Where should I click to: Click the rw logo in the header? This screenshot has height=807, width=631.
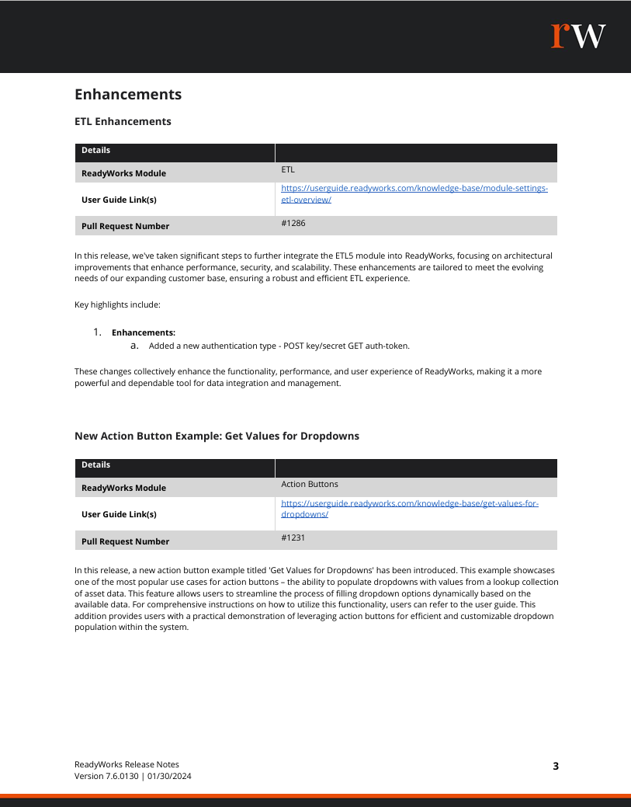(578, 36)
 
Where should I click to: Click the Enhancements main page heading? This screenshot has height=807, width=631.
(128, 95)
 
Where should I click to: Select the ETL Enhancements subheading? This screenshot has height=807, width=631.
(123, 122)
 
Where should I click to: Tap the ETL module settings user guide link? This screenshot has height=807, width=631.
(414, 194)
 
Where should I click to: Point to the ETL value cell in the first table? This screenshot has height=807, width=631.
(288, 169)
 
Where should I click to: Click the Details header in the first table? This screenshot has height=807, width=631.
(96, 151)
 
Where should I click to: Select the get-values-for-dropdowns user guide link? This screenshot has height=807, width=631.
(409, 509)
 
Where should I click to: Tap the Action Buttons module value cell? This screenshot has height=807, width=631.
(310, 485)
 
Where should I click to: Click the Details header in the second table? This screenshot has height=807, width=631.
(96, 465)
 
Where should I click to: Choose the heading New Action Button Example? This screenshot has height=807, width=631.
(217, 437)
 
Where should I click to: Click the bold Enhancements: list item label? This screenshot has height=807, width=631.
(144, 332)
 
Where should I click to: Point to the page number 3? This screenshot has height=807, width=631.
(556, 767)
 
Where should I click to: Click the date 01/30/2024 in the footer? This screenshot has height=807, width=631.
(170, 777)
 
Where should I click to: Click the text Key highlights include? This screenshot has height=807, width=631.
(117, 304)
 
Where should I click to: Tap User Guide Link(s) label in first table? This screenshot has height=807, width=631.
(119, 200)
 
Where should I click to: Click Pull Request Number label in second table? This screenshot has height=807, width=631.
(125, 541)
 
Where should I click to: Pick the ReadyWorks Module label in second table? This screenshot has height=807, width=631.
(123, 489)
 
